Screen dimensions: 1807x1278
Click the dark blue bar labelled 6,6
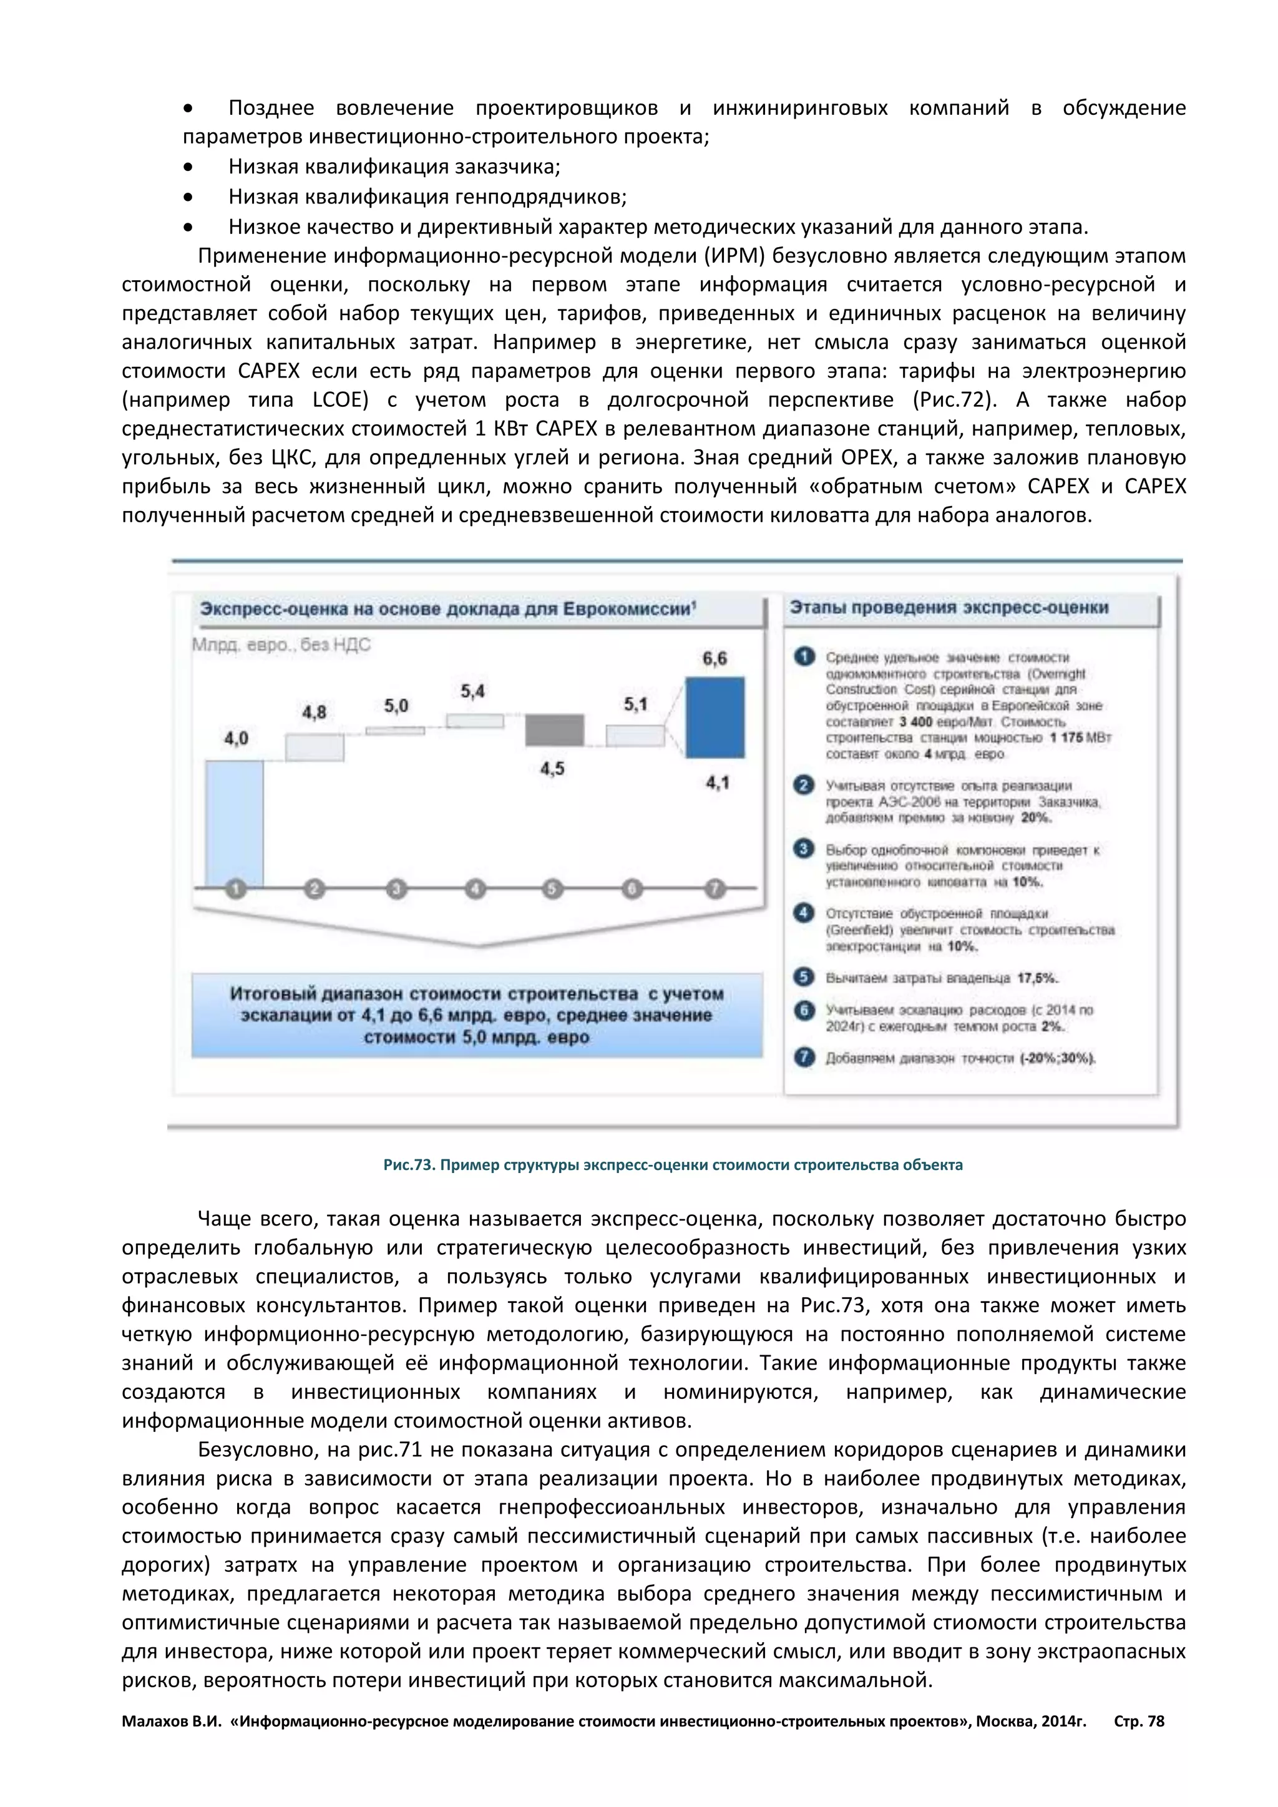coord(715,717)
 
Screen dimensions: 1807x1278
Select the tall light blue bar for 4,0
coord(234,822)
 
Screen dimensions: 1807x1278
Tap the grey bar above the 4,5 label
coord(554,729)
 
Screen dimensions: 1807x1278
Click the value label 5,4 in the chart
coord(472,691)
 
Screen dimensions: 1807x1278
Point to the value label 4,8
coord(314,712)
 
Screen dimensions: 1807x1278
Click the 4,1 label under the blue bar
coord(717,782)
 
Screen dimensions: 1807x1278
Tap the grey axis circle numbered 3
coord(396,889)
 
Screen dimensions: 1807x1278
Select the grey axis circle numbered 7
coord(714,889)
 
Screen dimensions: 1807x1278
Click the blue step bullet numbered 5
coord(804,977)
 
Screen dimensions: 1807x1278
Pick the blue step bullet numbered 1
coord(804,656)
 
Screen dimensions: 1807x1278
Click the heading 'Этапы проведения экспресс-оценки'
coord(949,608)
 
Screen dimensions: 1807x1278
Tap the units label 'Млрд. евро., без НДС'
coord(281,645)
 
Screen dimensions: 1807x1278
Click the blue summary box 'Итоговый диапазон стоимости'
coord(476,1015)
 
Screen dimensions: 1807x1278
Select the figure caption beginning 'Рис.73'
coord(672,1165)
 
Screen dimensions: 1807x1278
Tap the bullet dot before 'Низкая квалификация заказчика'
coord(187,167)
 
